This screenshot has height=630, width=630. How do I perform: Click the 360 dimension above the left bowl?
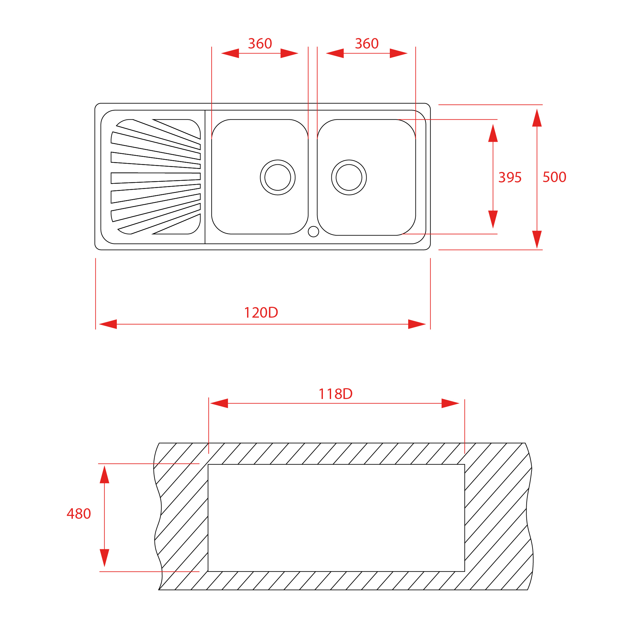pyautogui.click(x=260, y=44)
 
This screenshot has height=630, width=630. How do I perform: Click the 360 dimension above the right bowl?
pyautogui.click(x=367, y=44)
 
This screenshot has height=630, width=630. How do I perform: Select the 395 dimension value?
pyautogui.click(x=510, y=178)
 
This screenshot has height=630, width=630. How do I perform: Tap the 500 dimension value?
pyautogui.click(x=554, y=177)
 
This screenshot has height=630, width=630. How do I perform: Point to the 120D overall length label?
pyautogui.click(x=261, y=313)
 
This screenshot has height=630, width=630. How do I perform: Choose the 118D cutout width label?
pyautogui.click(x=335, y=394)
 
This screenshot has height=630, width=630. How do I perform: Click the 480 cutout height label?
pyautogui.click(x=79, y=514)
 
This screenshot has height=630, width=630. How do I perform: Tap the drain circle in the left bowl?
pyautogui.click(x=278, y=178)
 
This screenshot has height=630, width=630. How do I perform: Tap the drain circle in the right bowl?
pyautogui.click(x=349, y=178)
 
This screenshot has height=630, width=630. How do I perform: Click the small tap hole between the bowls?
pyautogui.click(x=313, y=231)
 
